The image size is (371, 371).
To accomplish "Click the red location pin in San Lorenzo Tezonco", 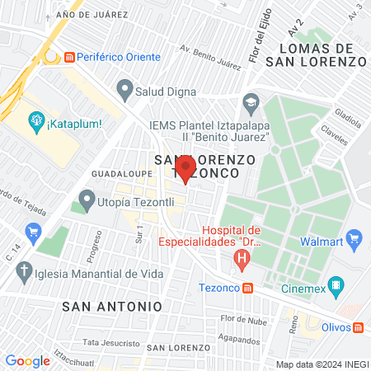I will (185, 170).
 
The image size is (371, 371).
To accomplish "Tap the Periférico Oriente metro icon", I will (70, 57).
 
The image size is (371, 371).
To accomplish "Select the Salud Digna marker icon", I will (124, 87).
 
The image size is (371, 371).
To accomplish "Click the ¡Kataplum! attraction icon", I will (36, 123).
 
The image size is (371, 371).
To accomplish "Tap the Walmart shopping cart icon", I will (355, 242).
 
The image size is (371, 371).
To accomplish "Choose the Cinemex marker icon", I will (336, 286).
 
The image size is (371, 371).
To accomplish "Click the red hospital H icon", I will (242, 263).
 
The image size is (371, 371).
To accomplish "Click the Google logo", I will (27, 360).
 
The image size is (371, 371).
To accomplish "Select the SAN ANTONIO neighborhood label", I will (112, 305).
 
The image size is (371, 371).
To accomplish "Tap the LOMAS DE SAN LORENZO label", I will (322, 54).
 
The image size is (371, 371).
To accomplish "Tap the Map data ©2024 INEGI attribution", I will (321, 364).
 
